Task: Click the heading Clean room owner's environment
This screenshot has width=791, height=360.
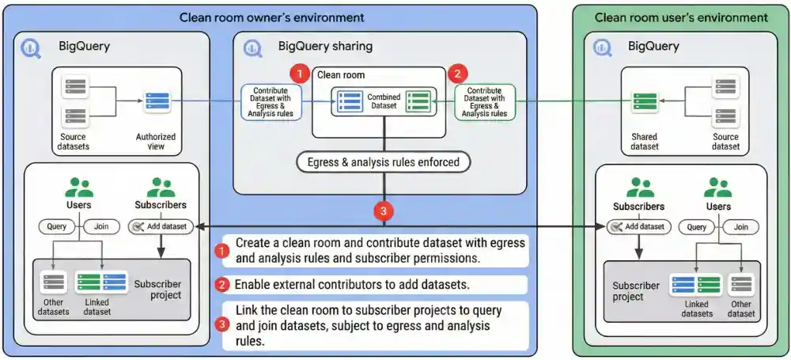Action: pyautogui.click(x=271, y=17)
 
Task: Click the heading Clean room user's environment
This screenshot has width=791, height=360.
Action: pyautogui.click(x=680, y=17)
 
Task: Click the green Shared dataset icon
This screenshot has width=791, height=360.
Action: pyautogui.click(x=644, y=103)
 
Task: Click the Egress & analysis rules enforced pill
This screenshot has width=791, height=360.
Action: pyautogui.click(x=384, y=163)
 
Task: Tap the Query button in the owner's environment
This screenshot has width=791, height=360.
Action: pyautogui.click(x=57, y=226)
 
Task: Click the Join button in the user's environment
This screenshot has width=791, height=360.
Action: pyautogui.click(x=740, y=226)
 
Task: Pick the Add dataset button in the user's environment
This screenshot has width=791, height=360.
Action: pyautogui.click(x=638, y=227)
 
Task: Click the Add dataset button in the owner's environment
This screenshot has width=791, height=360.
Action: pyautogui.click(x=161, y=227)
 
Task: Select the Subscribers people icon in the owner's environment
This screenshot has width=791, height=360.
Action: pyautogui.click(x=161, y=188)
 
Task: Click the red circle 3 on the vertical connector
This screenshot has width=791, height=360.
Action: pyautogui.click(x=384, y=212)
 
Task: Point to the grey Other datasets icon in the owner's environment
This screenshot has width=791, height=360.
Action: pyautogui.click(x=54, y=283)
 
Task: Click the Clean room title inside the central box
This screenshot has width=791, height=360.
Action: pyautogui.click(x=342, y=75)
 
